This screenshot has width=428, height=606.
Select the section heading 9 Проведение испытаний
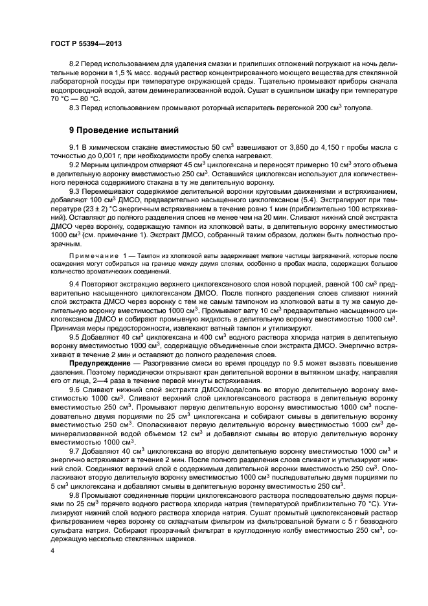click(x=125, y=130)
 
